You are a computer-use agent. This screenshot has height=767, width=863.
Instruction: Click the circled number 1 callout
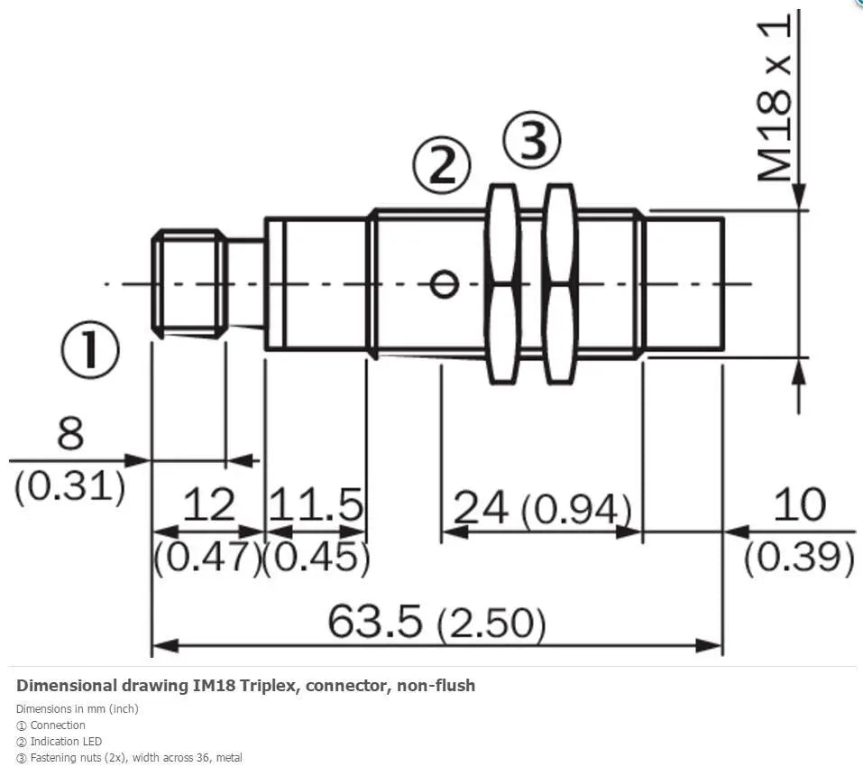(89, 349)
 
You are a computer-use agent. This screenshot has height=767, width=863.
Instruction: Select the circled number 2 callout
(442, 165)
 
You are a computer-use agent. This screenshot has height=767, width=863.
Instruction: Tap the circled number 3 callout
(532, 141)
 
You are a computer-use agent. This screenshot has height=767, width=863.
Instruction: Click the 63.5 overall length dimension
(375, 621)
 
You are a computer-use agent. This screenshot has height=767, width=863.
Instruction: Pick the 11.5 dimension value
(316, 504)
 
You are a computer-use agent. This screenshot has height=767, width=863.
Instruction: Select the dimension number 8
(70, 433)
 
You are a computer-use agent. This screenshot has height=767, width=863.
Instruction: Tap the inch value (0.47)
(207, 557)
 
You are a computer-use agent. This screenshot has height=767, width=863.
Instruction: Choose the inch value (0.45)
(317, 557)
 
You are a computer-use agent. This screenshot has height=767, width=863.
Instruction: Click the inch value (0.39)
(800, 557)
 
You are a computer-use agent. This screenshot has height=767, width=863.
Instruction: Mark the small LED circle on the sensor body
(444, 284)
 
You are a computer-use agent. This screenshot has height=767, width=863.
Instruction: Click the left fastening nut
(502, 284)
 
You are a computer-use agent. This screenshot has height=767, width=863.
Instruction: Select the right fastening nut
(560, 284)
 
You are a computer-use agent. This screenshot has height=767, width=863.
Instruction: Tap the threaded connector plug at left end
(188, 284)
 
